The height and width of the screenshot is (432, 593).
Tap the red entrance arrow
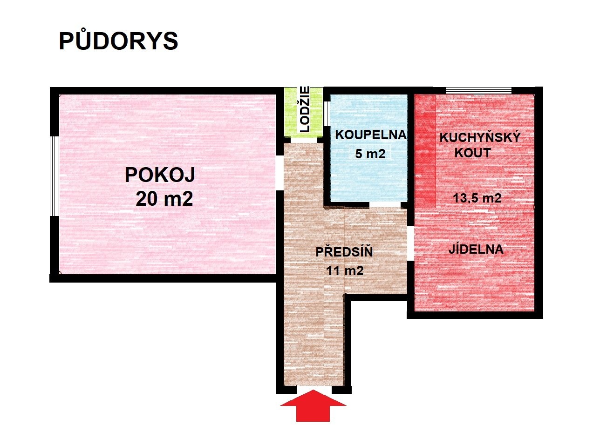(x=313, y=405)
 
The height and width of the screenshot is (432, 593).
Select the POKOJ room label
(x=160, y=175)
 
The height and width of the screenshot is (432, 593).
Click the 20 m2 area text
(x=164, y=199)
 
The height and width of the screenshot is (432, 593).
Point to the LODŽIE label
(x=305, y=109)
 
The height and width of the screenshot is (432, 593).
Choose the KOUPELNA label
(x=371, y=135)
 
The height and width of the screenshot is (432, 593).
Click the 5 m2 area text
(x=370, y=154)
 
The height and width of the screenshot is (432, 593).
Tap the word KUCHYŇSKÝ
(x=480, y=138)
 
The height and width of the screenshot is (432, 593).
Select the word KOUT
(x=473, y=153)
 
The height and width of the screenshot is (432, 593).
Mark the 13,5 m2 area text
(x=477, y=198)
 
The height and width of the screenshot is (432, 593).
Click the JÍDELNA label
(x=476, y=249)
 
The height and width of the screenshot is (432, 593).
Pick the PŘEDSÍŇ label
(x=344, y=252)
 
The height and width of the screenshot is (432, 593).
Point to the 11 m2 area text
(x=345, y=270)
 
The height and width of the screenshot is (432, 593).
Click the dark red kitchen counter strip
(x=425, y=152)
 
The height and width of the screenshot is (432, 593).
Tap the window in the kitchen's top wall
(x=478, y=90)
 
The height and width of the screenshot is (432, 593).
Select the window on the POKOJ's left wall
(x=55, y=176)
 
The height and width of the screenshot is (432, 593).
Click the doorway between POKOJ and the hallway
(x=279, y=173)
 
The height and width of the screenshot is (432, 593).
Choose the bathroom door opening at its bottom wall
(x=385, y=204)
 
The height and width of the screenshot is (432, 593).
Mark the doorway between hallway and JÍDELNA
(x=410, y=243)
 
